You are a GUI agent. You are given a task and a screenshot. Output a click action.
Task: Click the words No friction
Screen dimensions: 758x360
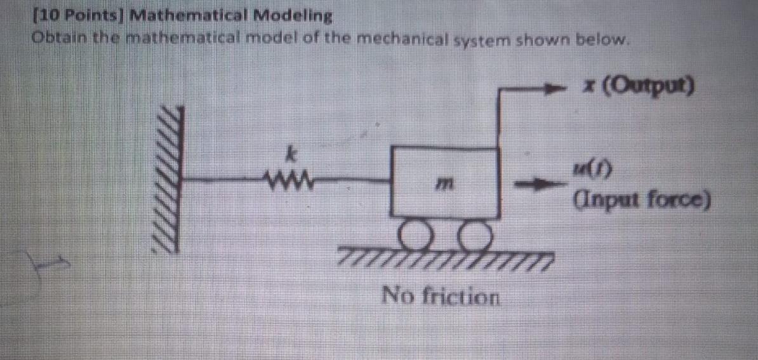(441, 296)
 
